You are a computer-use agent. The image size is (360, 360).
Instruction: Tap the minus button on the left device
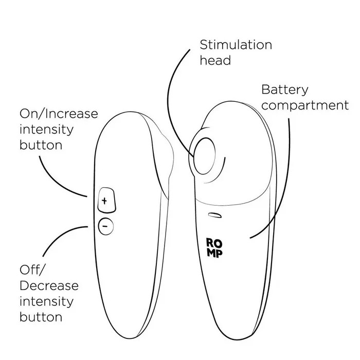pos(105,226)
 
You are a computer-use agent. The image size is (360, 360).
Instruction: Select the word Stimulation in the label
pos(236,44)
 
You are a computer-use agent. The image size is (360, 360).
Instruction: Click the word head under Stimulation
pos(215,60)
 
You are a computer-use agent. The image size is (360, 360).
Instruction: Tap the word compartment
pos(305,106)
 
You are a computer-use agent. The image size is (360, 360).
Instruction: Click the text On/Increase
pos(59,113)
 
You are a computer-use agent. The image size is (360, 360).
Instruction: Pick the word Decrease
pos(49,285)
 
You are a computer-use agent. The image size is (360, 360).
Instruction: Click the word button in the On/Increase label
pos(41,145)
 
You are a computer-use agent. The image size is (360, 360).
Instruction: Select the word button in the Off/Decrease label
pos(41,317)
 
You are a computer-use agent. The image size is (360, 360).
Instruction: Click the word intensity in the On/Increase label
pos(46,129)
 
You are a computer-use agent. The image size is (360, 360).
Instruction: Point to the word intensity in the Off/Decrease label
pos(46,301)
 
